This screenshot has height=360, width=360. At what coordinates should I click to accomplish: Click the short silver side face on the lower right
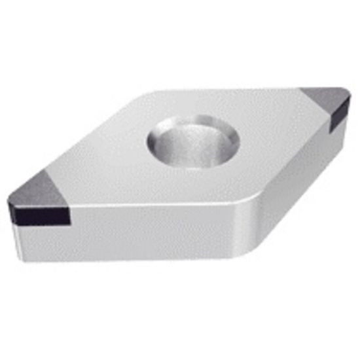[288, 190]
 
